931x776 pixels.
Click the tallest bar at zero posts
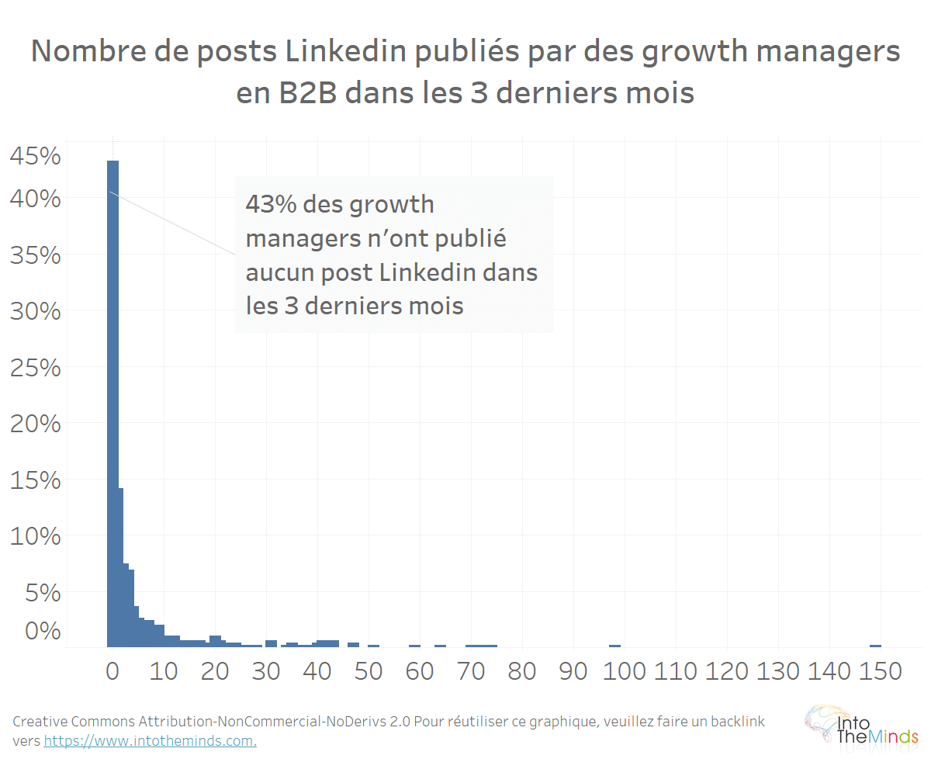112,404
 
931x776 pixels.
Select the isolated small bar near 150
875,645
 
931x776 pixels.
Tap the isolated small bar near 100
614,645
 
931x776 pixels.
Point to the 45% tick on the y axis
34,157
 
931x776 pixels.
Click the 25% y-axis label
34,368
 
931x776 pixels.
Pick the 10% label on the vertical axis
34,537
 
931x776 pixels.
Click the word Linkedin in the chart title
343,52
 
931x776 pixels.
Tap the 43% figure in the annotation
270,205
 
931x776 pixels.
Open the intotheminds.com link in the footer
150,740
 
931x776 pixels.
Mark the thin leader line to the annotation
172,223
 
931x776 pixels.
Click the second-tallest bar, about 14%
121,566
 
